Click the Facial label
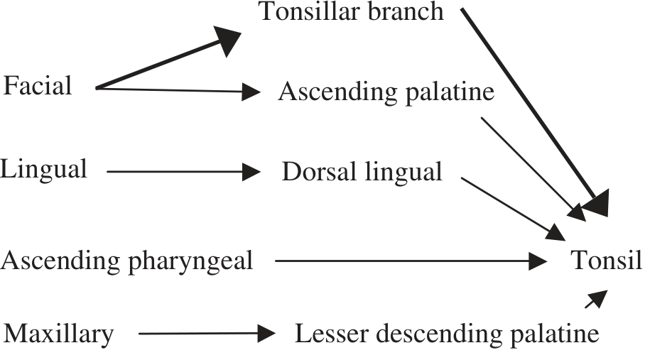click(x=38, y=87)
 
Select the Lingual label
click(x=44, y=169)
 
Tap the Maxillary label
click(x=59, y=333)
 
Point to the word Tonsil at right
click(x=607, y=261)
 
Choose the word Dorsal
click(x=315, y=172)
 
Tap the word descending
click(x=433, y=334)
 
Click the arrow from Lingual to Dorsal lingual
click(x=183, y=171)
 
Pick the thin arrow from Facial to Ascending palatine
click(x=178, y=89)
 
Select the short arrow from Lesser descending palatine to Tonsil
click(x=597, y=299)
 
